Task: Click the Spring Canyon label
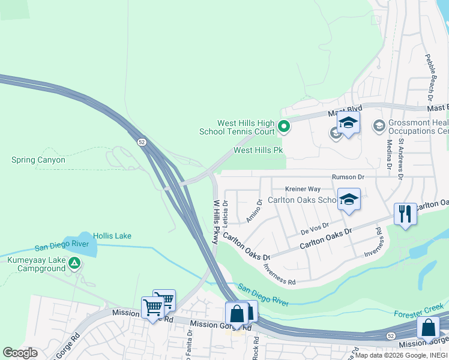[x=38, y=160]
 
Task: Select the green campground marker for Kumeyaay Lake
[x=74, y=262]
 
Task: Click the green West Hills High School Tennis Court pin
[x=283, y=127]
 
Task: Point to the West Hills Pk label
[x=258, y=151]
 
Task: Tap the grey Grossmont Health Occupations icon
[x=379, y=126]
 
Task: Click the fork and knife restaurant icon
[x=405, y=214]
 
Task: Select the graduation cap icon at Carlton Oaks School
[x=348, y=199]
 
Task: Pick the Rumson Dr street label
[x=348, y=177]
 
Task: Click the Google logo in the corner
[x=20, y=353]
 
